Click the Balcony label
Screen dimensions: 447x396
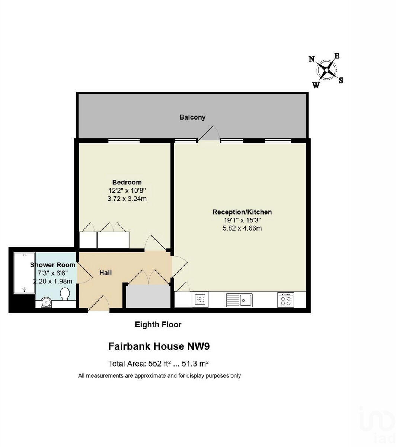click(192, 117)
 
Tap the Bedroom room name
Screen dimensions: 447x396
click(127, 182)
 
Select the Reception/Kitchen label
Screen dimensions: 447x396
click(242, 212)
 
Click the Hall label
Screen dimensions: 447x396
click(105, 273)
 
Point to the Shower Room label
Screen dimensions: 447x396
click(52, 265)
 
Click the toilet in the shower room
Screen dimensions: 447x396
click(65, 294)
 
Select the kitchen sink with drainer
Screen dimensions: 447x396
click(239, 300)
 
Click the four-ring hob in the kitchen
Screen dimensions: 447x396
click(286, 300)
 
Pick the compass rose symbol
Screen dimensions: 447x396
click(326, 70)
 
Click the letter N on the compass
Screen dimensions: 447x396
click(312, 59)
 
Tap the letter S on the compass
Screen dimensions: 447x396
click(341, 80)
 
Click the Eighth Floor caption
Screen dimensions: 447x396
click(158, 324)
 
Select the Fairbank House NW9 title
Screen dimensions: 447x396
click(159, 346)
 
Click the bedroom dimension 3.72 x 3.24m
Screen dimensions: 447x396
click(127, 199)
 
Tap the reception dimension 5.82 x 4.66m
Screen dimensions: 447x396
click(242, 228)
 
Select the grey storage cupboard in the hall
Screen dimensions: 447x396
click(148, 297)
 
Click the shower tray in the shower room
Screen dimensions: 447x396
click(24, 273)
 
